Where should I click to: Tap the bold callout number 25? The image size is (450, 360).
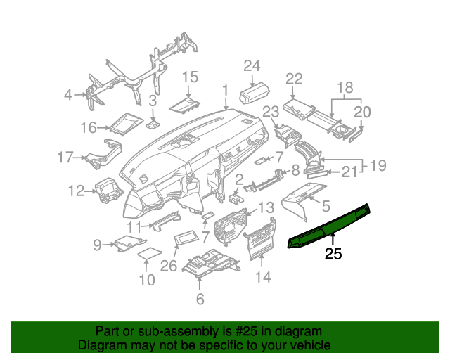[333, 254]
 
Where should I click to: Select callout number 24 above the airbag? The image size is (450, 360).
[252, 66]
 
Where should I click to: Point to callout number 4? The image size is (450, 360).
[68, 94]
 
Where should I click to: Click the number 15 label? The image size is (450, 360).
[191, 76]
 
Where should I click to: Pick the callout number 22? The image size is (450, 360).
[294, 78]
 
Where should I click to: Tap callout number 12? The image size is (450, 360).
[76, 189]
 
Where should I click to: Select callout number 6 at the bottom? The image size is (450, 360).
[200, 300]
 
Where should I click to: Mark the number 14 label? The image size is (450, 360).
[262, 277]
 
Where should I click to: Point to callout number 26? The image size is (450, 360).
[169, 266]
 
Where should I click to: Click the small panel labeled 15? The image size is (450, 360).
[186, 105]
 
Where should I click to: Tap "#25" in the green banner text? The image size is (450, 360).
[224, 331]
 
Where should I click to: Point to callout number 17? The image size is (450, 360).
[65, 157]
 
